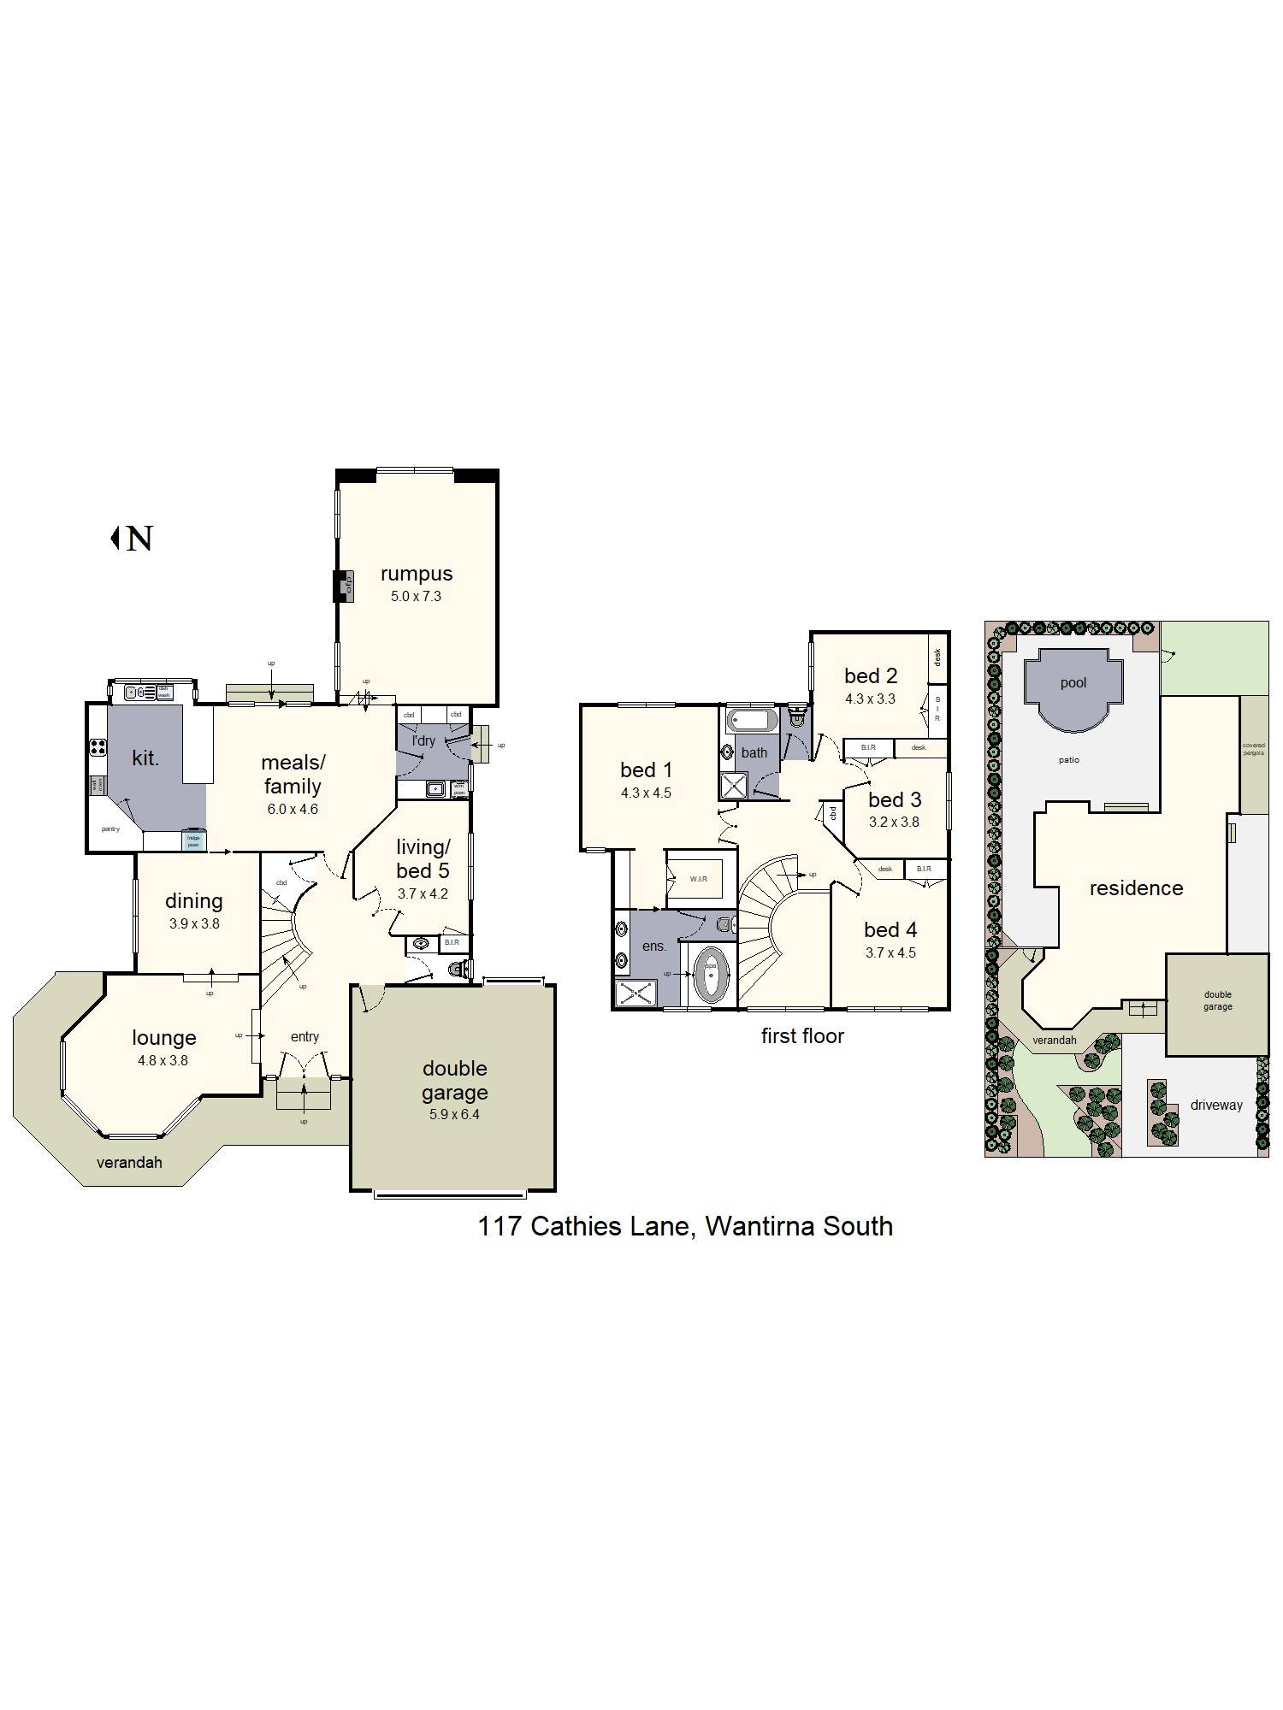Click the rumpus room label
[416, 574]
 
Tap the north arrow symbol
[133, 539]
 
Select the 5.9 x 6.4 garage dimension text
[454, 1114]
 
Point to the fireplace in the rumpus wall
[343, 587]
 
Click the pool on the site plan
[1073, 688]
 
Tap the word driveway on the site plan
[1215, 1105]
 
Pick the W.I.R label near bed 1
[698, 879]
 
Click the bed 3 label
[895, 799]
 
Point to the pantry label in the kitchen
[110, 828]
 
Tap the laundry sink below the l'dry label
[435, 789]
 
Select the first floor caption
[802, 1035]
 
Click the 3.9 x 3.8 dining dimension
[194, 923]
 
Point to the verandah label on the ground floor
[129, 1162]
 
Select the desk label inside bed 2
[937, 657]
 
